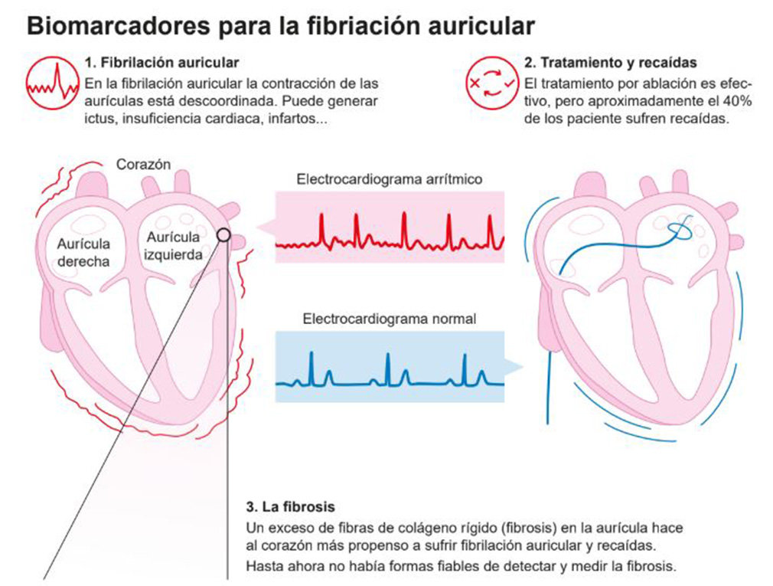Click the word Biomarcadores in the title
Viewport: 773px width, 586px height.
click(x=103, y=26)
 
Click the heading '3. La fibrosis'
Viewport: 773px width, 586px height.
click(x=290, y=507)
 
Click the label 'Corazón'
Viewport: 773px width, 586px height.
click(x=143, y=164)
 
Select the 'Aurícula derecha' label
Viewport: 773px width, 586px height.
click(x=83, y=252)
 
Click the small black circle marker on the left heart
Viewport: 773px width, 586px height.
click(x=223, y=235)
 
